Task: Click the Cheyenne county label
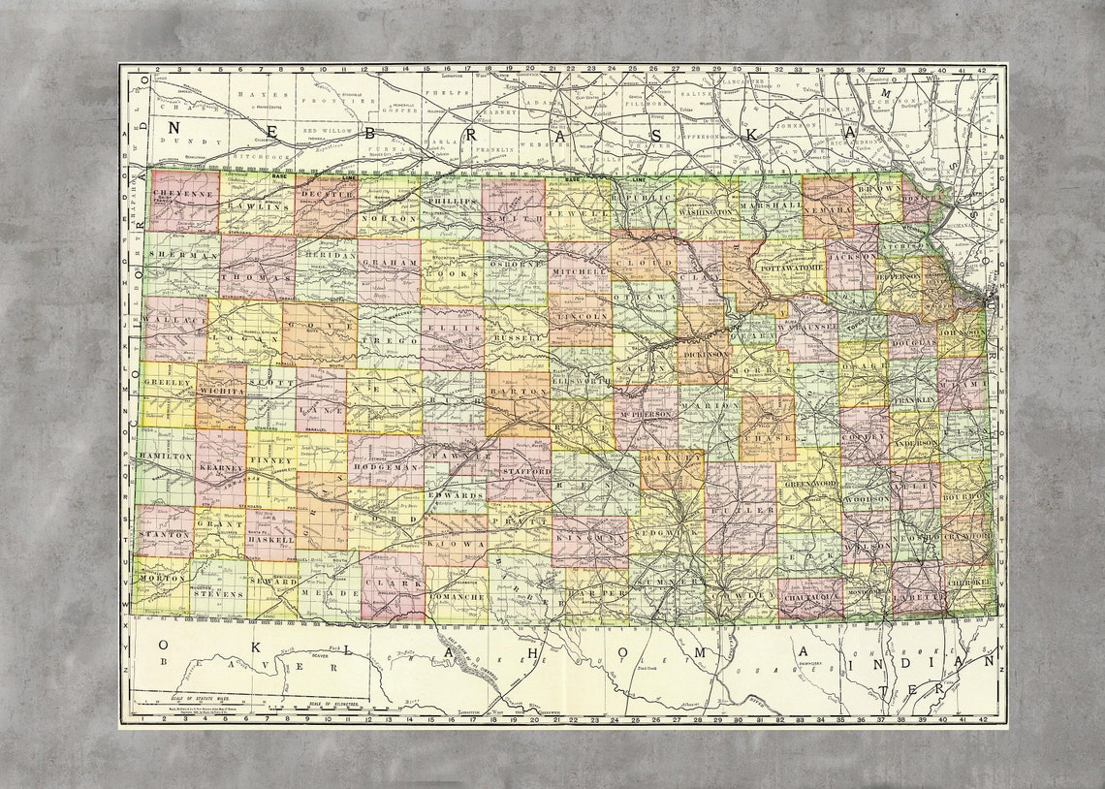coord(183,194)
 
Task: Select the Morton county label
coord(162,578)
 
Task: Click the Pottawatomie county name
coord(790,267)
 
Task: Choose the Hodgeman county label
coord(385,467)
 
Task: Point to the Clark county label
coord(393,584)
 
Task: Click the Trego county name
coord(388,341)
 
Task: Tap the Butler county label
coord(741,507)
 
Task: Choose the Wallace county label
coord(174,318)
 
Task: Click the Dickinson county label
coord(705,354)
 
